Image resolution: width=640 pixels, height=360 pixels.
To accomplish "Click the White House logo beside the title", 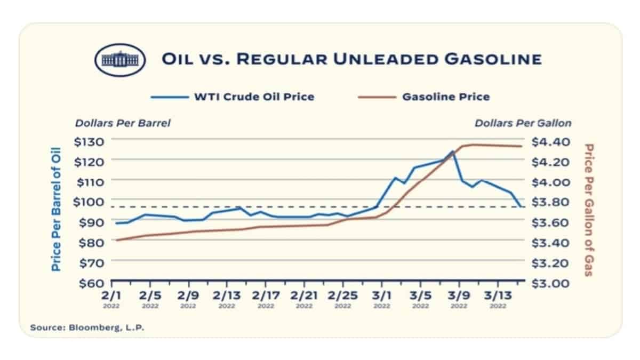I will (120, 59).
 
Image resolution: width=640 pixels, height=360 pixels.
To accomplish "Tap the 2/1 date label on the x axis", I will (111, 295).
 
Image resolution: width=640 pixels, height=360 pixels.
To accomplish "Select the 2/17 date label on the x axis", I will (265, 295).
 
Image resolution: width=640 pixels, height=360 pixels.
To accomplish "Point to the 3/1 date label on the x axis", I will (381, 295).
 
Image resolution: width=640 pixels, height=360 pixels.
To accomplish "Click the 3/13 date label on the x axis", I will (498, 295).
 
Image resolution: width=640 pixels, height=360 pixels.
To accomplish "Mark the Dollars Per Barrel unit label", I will (123, 123).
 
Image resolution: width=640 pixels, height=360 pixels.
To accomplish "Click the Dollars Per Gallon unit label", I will (523, 123).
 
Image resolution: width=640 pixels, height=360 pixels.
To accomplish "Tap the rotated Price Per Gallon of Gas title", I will (589, 210).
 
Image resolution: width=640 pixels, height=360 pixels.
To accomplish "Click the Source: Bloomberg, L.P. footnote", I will (87, 327).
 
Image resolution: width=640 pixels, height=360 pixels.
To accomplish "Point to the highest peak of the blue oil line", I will (453, 151).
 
